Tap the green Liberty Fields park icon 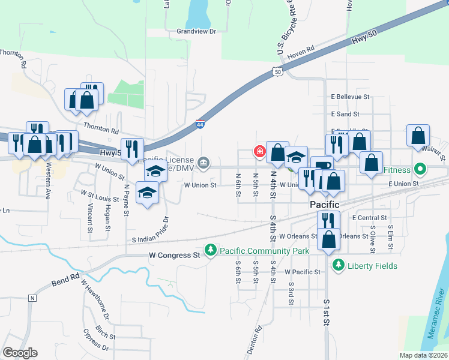pos(339,265)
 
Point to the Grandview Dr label pos(196,31)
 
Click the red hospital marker pos(260,151)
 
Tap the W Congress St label pos(174,255)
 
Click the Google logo pos(20,353)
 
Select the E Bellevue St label pos(351,96)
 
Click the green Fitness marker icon pos(420,170)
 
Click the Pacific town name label pos(325,205)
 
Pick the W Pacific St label pos(301,272)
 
